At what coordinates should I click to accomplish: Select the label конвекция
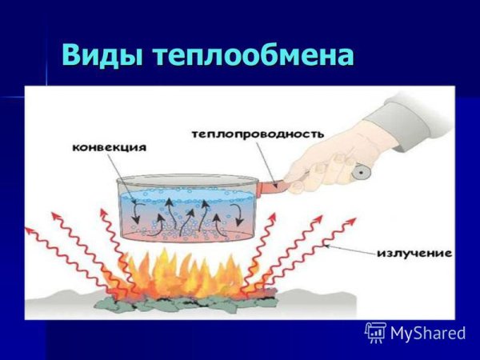coord(109,148)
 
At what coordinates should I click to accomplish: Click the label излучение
coord(414,254)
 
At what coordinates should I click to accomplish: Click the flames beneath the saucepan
coord(188,272)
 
